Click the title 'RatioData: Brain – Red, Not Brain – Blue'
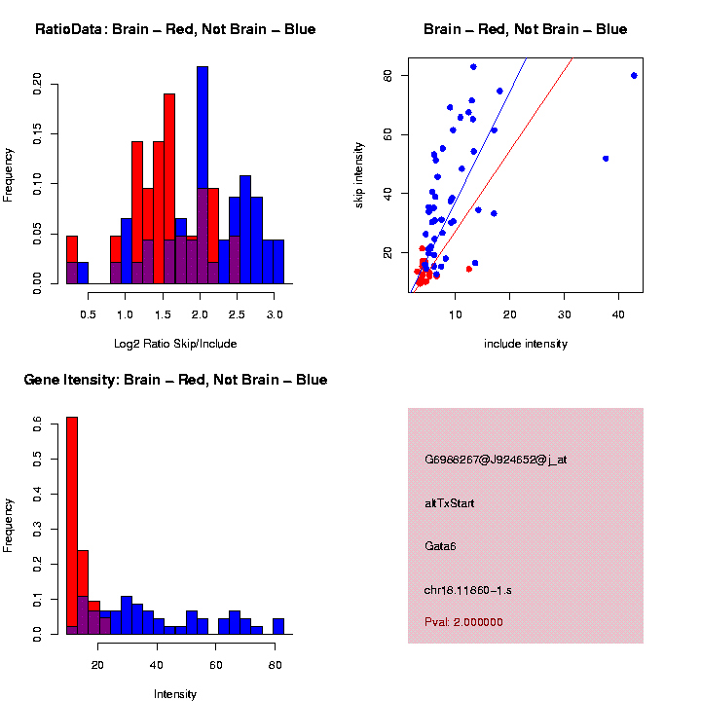pyautogui.click(x=175, y=29)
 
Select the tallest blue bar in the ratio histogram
pyautogui.click(x=203, y=175)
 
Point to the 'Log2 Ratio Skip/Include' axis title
pyautogui.click(x=175, y=343)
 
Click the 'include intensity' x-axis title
pyautogui.click(x=526, y=344)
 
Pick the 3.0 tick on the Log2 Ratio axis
pyautogui.click(x=275, y=315)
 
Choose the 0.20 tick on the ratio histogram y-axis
pyautogui.click(x=38, y=84)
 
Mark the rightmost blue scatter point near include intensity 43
pyautogui.click(x=634, y=75)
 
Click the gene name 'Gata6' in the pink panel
pyautogui.click(x=441, y=545)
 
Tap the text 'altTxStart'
pyautogui.click(x=450, y=503)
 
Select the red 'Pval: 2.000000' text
pyautogui.click(x=464, y=622)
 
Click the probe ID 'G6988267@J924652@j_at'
pyautogui.click(x=496, y=460)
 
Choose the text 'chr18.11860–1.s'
pyautogui.click(x=463, y=590)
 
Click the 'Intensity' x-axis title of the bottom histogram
pyautogui.click(x=175, y=694)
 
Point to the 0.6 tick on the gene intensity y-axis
pyautogui.click(x=38, y=424)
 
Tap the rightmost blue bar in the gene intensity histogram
pyautogui.click(x=278, y=626)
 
